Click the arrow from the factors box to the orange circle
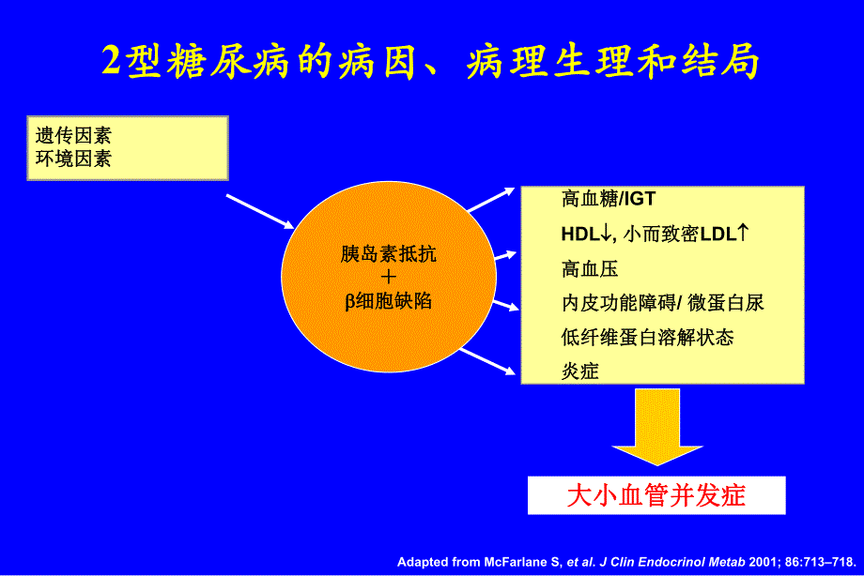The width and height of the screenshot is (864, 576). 260,211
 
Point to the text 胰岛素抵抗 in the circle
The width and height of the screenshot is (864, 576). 389,254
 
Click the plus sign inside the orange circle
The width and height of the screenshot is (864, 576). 389,278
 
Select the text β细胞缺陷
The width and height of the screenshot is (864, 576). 388,302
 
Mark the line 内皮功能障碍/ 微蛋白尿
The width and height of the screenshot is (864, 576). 663,303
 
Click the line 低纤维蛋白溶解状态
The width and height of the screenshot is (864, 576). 647,337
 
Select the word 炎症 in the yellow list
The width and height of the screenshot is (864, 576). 580,371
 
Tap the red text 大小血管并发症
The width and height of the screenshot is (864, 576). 656,494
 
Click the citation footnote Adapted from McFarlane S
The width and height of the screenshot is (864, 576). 627,561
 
